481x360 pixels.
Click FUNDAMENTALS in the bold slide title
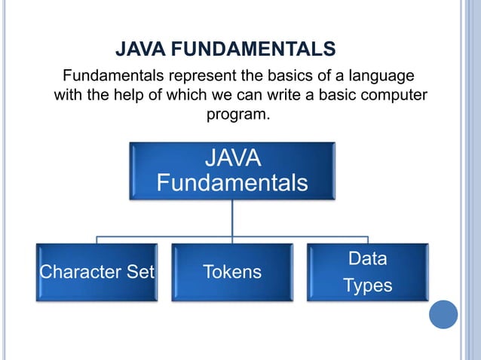249,50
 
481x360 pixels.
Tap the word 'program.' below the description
237,115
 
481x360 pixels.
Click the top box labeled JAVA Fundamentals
232,171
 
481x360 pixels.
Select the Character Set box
97,272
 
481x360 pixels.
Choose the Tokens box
232,272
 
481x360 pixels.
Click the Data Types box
367,272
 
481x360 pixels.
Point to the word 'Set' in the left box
140,272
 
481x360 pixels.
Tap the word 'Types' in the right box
367,285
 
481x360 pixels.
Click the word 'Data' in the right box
367,259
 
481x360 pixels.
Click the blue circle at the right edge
443,314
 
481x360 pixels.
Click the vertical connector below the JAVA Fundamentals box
232,218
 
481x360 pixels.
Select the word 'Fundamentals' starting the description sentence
113,77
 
